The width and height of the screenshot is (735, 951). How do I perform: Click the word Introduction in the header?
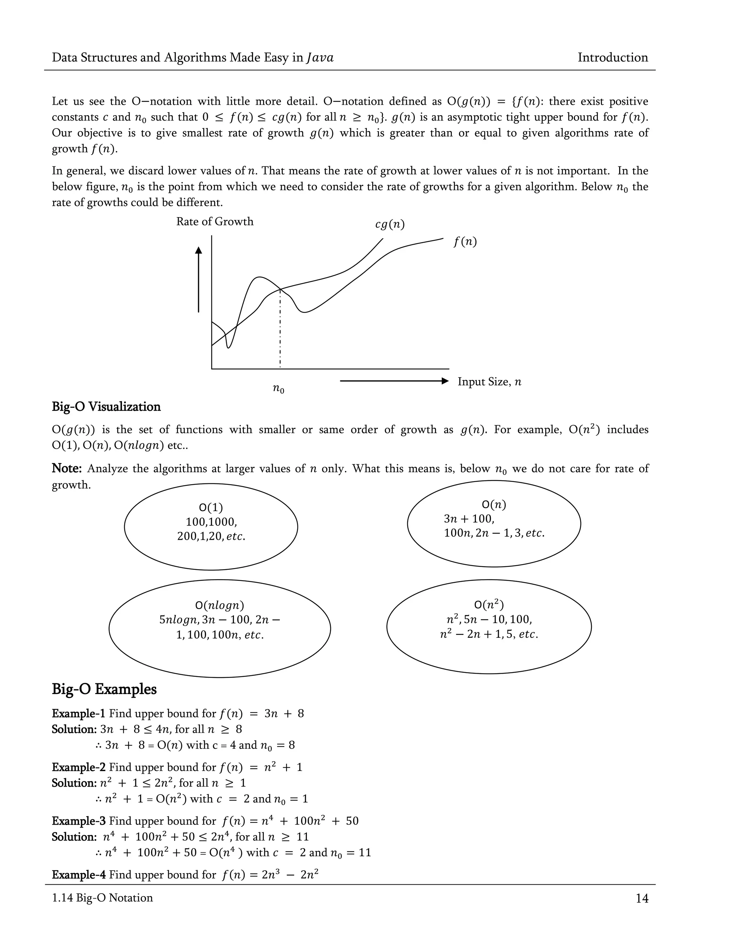point(612,57)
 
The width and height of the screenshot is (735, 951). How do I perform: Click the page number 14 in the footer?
point(642,898)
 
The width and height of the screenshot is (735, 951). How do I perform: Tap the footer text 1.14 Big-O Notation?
point(102,898)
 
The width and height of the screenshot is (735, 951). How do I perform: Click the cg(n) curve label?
point(390,225)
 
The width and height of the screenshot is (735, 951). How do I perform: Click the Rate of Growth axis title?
point(215,222)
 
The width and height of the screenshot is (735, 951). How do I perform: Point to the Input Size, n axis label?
point(489,382)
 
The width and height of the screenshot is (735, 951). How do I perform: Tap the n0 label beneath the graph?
point(278,388)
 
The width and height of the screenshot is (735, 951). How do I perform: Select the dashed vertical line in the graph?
point(280,331)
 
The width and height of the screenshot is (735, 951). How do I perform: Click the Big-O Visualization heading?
point(106,407)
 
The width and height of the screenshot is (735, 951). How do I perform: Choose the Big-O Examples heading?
point(104,689)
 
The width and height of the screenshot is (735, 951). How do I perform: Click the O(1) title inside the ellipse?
point(211,508)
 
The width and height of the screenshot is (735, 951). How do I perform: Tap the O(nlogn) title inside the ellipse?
point(219,605)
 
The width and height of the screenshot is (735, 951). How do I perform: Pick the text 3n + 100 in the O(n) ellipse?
point(468,519)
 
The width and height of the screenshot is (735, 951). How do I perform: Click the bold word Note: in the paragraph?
point(67,469)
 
